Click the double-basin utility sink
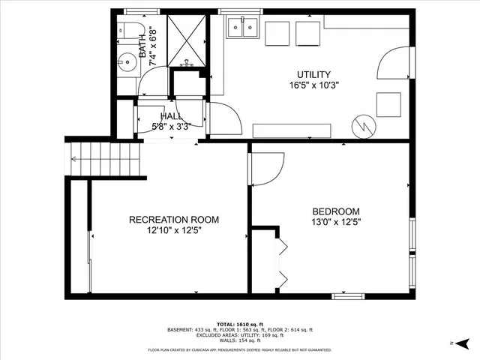(243, 28)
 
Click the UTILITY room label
(313, 75)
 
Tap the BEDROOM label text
(335, 211)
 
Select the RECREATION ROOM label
(174, 220)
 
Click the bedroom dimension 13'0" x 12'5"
(335, 222)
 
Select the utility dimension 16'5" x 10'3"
(313, 85)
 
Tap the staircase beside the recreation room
(106, 158)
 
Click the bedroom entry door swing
(268, 169)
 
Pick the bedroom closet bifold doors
(283, 262)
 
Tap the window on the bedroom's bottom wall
(349, 296)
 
